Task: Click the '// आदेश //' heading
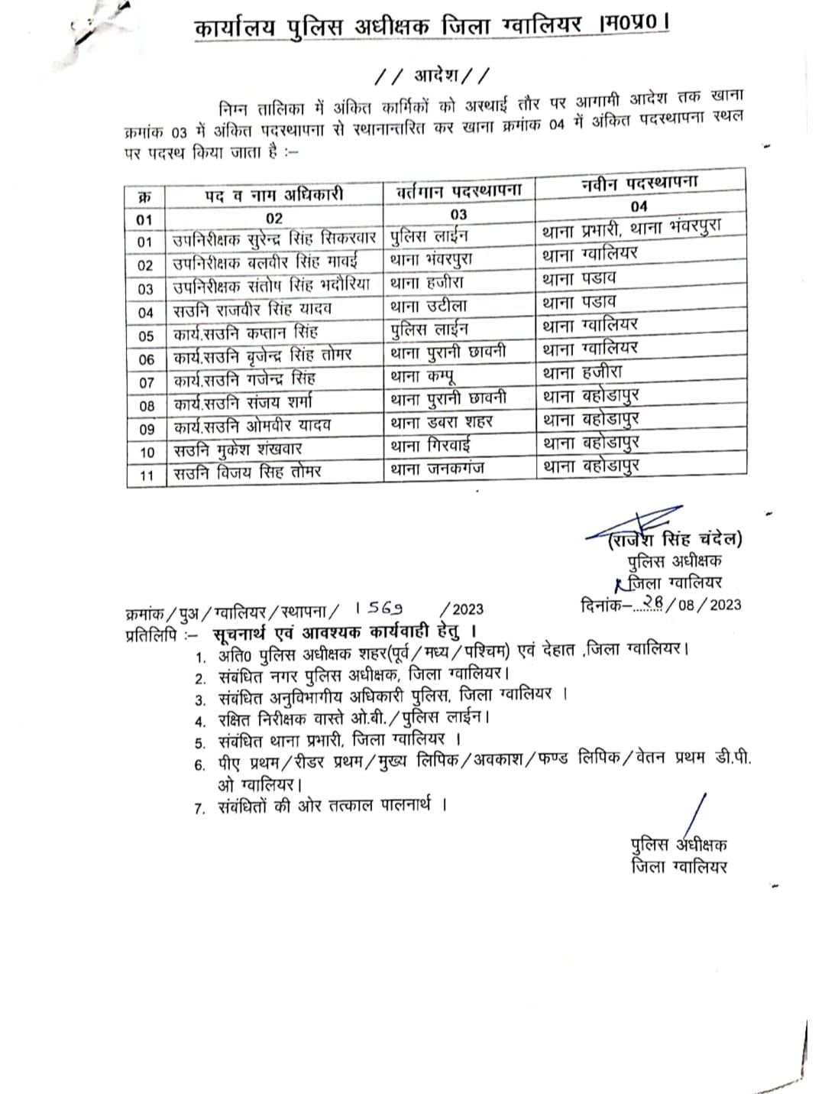tap(433, 75)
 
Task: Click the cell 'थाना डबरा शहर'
tap(442, 422)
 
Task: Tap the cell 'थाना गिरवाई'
tap(431, 445)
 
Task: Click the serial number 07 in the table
tap(146, 382)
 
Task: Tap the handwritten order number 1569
tap(380, 609)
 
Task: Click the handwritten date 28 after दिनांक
tap(652, 602)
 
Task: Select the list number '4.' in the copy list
tap(201, 720)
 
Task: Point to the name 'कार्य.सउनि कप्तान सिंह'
tap(245, 333)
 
